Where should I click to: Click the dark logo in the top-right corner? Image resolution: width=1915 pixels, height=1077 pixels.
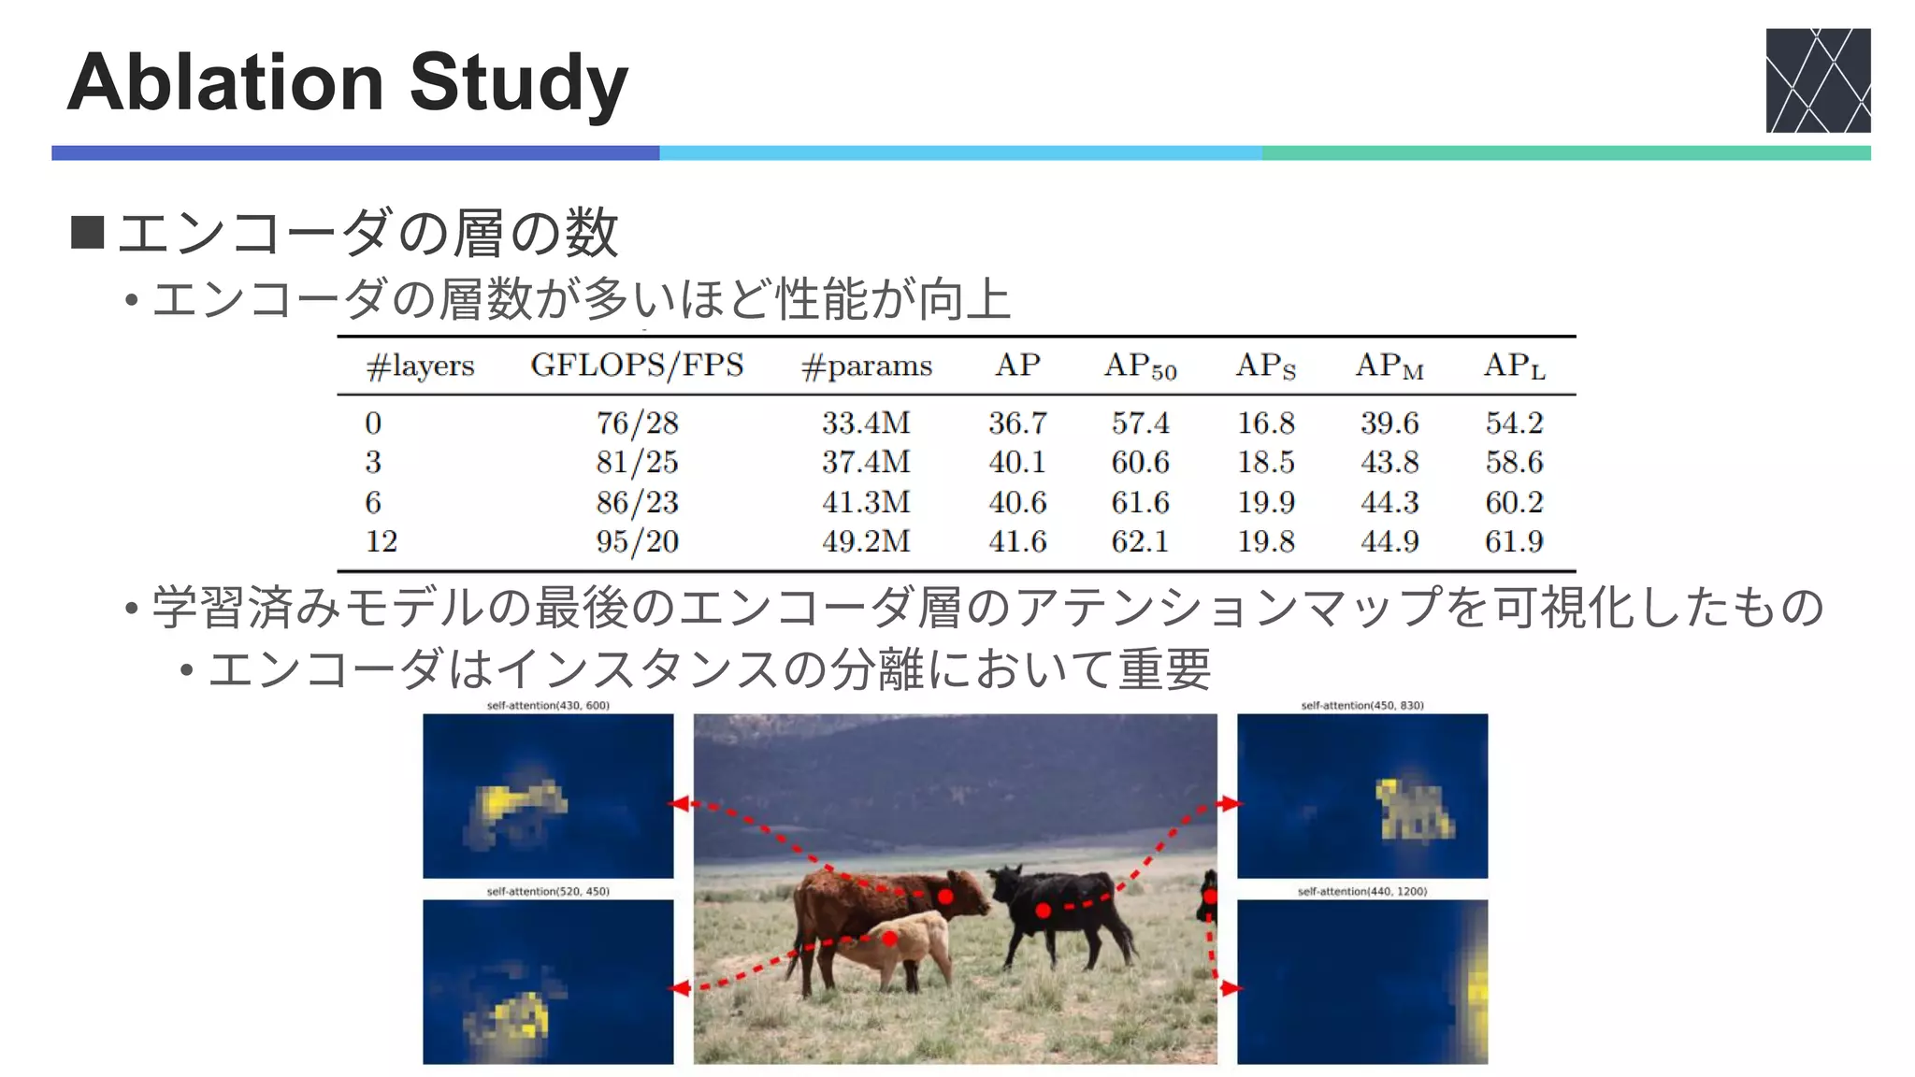tap(1818, 80)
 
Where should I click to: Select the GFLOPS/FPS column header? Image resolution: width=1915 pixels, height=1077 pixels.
tap(637, 365)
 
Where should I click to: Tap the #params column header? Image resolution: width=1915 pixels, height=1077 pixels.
tap(867, 366)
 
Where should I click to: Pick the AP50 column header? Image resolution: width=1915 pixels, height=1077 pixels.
tap(1140, 366)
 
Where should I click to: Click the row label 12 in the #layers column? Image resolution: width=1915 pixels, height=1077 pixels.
tap(382, 541)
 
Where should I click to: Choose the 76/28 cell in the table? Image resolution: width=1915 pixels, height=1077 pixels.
tap(637, 423)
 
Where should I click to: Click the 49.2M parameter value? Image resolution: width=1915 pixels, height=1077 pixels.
tap(866, 541)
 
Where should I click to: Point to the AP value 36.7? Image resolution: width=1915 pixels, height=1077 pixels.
tap(1017, 423)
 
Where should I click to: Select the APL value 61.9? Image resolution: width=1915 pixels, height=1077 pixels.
tap(1514, 541)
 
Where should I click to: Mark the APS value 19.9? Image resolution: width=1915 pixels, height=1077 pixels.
tap(1266, 502)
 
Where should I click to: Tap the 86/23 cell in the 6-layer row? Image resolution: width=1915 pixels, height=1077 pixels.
tap(637, 502)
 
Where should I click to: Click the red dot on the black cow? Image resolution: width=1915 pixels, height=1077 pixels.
tap(1044, 910)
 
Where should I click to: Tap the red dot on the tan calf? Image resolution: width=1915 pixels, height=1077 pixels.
tap(889, 938)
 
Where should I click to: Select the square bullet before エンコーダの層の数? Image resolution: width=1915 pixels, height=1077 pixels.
tap(87, 233)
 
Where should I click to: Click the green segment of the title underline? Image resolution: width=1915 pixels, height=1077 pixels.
tap(1566, 153)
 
